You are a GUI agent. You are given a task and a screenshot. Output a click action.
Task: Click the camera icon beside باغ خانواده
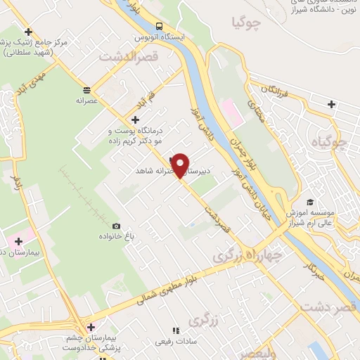pos(115,226)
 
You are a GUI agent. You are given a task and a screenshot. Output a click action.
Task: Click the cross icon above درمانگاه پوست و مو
pos(136,119)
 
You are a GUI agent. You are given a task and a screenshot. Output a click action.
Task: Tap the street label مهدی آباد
pos(32,81)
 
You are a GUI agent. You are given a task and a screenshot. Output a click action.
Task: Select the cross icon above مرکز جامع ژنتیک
pos(28,32)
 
